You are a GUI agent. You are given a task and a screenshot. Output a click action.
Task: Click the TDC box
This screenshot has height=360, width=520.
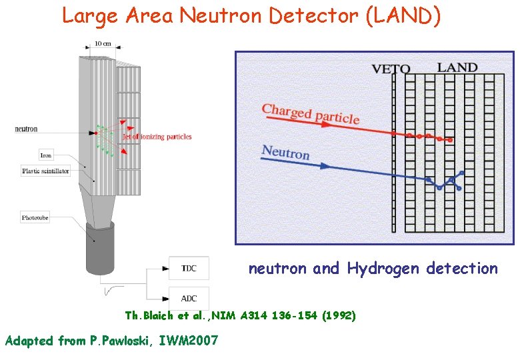[189, 268]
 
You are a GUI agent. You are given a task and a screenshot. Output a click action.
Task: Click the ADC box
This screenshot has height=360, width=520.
[189, 298]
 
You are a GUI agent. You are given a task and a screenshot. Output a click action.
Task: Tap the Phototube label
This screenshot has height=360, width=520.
[35, 217]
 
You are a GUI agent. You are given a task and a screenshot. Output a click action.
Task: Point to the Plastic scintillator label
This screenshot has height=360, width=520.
[45, 171]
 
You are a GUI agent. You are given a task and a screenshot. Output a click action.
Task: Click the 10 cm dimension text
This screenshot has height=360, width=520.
[102, 44]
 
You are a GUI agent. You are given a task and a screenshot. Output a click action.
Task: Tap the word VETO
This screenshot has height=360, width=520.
[390, 69]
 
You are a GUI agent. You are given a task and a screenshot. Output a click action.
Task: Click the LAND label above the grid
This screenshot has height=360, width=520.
[457, 67]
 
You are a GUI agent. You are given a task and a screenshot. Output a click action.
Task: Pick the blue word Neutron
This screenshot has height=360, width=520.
[285, 153]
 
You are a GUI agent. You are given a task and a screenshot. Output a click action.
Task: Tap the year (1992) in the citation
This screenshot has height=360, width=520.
[338, 315]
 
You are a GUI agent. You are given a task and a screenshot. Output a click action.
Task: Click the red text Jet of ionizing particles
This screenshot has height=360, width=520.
[157, 137]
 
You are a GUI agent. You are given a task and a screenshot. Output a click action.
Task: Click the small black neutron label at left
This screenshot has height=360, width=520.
[26, 129]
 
